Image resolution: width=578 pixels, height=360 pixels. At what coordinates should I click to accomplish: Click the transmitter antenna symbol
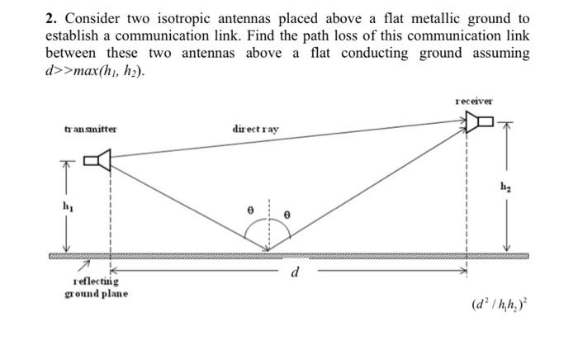click(x=101, y=160)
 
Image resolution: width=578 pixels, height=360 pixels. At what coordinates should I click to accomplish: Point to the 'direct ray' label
click(x=255, y=130)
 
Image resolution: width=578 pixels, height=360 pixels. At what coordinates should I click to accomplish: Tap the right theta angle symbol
click(x=286, y=212)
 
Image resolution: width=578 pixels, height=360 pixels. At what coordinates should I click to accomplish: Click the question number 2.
click(x=49, y=17)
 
